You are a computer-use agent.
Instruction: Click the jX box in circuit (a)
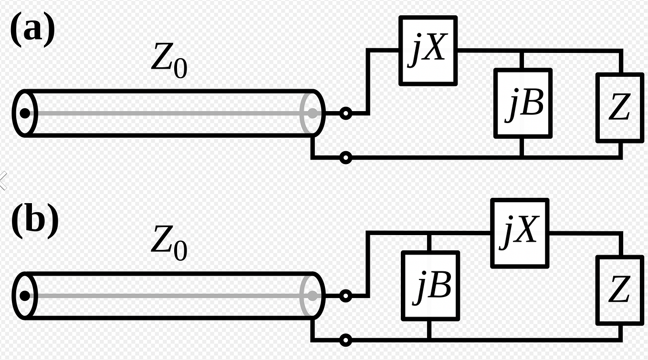click(428, 51)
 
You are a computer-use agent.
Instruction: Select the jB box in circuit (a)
click(523, 103)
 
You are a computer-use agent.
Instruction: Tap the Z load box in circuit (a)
click(620, 107)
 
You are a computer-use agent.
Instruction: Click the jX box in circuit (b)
click(520, 233)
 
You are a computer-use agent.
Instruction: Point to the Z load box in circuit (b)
click(620, 290)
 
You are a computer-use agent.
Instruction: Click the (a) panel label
click(32, 30)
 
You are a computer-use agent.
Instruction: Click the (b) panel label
click(34, 220)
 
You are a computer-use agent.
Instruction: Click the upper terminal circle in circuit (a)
click(345, 113)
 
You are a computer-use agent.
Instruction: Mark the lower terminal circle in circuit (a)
click(345, 157)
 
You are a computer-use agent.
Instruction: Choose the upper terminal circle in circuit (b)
click(345, 296)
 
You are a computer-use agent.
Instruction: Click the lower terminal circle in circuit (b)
click(345, 340)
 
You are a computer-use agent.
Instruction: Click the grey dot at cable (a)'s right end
click(312, 113)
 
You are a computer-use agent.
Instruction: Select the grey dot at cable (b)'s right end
click(312, 296)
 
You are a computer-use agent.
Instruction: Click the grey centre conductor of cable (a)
click(167, 113)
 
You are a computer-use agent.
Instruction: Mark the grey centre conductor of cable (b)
click(167, 296)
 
